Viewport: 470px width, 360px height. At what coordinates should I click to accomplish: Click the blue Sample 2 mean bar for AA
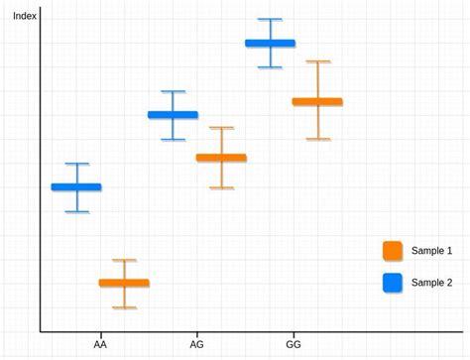pos(76,186)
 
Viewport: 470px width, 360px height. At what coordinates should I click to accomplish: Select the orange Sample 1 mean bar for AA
pos(124,283)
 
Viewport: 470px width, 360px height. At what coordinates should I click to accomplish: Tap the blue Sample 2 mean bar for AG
pos(173,115)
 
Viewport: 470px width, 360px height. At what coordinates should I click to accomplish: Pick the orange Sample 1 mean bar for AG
pos(221,158)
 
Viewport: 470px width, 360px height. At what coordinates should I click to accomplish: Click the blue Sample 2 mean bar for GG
pos(270,43)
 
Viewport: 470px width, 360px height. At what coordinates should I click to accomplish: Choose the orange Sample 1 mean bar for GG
pos(317,101)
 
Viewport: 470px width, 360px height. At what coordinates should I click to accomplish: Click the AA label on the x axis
pos(100,345)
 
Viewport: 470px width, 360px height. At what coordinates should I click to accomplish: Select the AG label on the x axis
pos(196,345)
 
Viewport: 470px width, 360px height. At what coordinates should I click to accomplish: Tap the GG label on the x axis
pos(294,345)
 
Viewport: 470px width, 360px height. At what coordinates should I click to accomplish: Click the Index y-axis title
pos(24,16)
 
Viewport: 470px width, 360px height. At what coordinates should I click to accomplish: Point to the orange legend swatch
pos(393,251)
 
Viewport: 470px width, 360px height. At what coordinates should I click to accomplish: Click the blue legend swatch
pos(393,283)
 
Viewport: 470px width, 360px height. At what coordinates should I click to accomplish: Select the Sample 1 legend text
pos(431,251)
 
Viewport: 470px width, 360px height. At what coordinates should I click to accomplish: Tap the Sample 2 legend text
pos(431,283)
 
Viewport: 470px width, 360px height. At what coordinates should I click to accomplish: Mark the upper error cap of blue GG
pos(270,20)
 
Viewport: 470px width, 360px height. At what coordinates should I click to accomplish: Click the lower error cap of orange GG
pos(317,139)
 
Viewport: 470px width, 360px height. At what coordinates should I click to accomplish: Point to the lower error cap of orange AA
pos(124,307)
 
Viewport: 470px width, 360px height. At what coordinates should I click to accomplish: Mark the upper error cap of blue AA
pos(76,164)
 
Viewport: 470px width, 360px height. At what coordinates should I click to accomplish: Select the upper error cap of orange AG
pos(221,128)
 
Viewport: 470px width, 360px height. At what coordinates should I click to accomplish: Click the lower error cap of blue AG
pos(173,140)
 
